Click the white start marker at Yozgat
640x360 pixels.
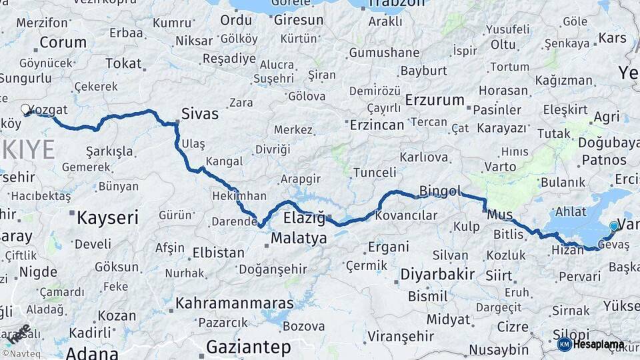pyautogui.click(x=25, y=109)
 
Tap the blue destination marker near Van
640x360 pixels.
pyautogui.click(x=614, y=227)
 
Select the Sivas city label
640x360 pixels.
pyautogui.click(x=200, y=114)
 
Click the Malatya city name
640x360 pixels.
pyautogui.click(x=299, y=238)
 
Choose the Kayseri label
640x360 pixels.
pyautogui.click(x=107, y=217)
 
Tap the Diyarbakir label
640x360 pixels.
pyautogui.click(x=437, y=274)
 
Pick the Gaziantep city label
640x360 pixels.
pyautogui.click(x=249, y=347)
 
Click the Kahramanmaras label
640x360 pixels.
pyautogui.click(x=234, y=303)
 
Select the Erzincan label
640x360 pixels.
pyautogui.click(x=377, y=125)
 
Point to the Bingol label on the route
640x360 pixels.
pyautogui.click(x=440, y=192)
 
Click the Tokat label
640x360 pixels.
pyautogui.click(x=124, y=64)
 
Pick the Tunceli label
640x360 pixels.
pyautogui.click(x=374, y=173)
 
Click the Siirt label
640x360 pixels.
pyautogui.click(x=499, y=275)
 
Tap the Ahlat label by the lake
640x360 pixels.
pyautogui.click(x=570, y=211)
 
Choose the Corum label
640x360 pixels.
pyautogui.click(x=63, y=43)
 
